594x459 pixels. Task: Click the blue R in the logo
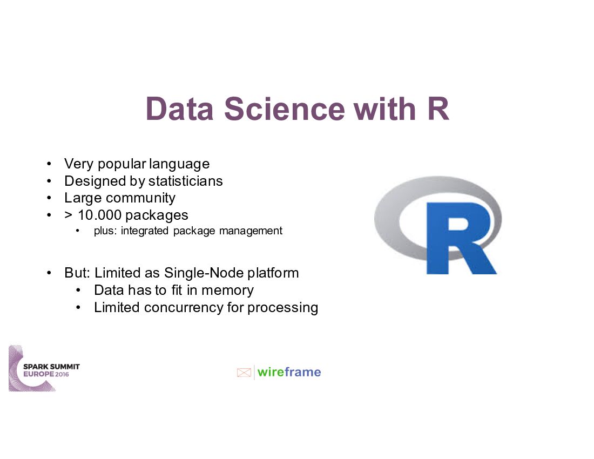click(x=459, y=238)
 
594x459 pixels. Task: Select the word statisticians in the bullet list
click(x=185, y=181)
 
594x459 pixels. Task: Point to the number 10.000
click(x=99, y=215)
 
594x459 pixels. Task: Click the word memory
click(x=227, y=290)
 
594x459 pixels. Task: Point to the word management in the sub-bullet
click(x=251, y=231)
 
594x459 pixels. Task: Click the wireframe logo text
click(x=289, y=372)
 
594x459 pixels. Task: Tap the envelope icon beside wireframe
click(x=244, y=372)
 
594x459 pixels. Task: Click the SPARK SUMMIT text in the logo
click(x=51, y=367)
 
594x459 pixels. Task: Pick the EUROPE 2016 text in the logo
click(x=46, y=374)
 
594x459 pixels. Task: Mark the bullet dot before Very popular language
click(x=49, y=164)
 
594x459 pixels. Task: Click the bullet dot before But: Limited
click(x=49, y=273)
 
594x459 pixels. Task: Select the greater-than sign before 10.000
click(x=69, y=215)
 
